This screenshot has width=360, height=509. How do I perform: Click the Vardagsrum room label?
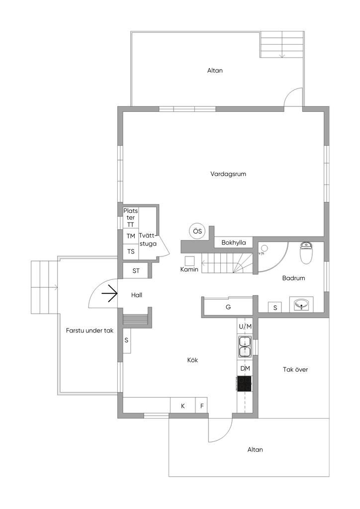pyautogui.click(x=228, y=174)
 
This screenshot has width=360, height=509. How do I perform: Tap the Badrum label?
pyautogui.click(x=293, y=278)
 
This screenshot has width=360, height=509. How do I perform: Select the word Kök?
pyautogui.click(x=192, y=360)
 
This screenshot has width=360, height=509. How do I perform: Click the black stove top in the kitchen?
pyautogui.click(x=245, y=384)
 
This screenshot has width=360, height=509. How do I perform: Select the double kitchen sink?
pyautogui.click(x=245, y=346)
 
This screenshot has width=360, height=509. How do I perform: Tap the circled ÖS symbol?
pyautogui.click(x=197, y=232)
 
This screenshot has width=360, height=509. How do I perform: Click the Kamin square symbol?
pyautogui.click(x=189, y=260)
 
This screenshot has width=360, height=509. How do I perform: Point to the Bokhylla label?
pyautogui.click(x=234, y=243)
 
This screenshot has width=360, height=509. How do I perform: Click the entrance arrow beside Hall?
pyautogui.click(x=109, y=293)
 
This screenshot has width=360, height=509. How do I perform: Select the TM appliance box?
pyautogui.click(x=131, y=236)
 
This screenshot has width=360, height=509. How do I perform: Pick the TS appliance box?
pyautogui.click(x=131, y=252)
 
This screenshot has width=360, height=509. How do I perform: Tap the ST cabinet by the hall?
pyautogui.click(x=136, y=270)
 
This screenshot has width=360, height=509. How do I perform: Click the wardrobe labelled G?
pyautogui.click(x=228, y=307)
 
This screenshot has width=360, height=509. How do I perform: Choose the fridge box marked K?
pyautogui.click(x=183, y=406)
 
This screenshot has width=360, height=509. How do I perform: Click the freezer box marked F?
pyautogui.click(x=201, y=406)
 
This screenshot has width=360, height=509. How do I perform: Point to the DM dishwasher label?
pyautogui.click(x=245, y=368)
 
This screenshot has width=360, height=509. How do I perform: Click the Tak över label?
pyautogui.click(x=295, y=369)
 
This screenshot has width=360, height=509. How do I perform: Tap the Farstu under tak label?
pyautogui.click(x=90, y=331)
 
